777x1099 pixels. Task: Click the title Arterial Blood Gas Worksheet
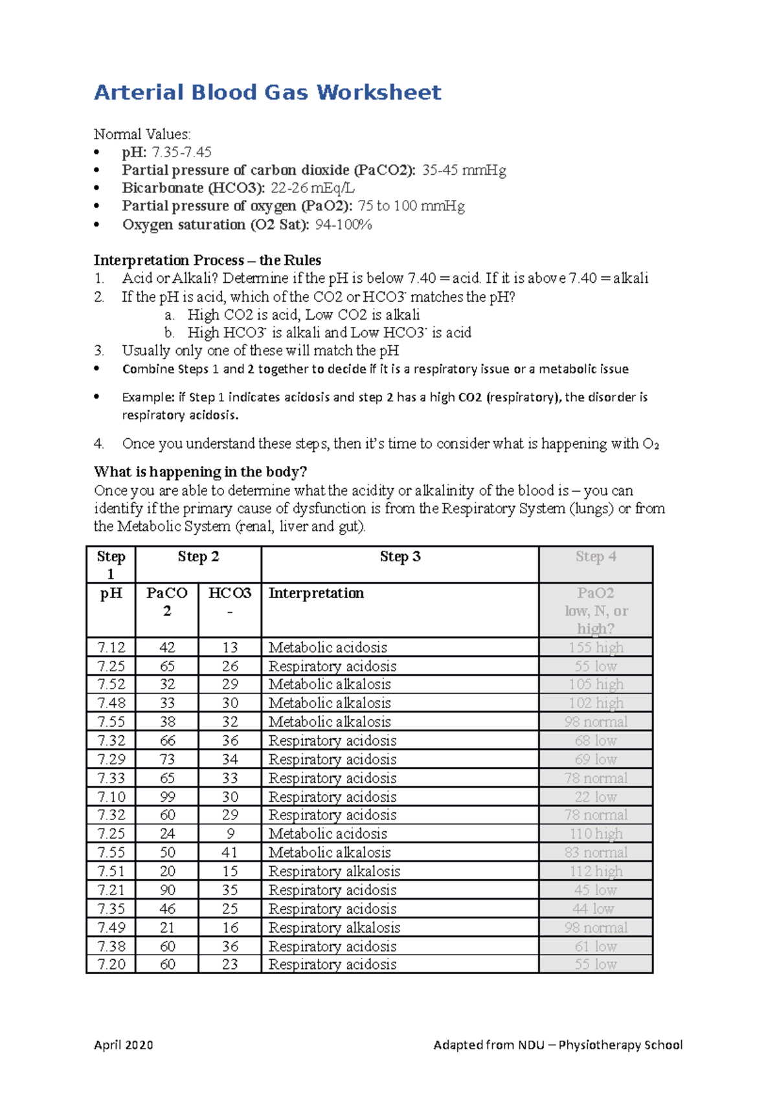(267, 93)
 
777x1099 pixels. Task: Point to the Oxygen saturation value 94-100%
(343, 225)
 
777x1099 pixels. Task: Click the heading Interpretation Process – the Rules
(207, 260)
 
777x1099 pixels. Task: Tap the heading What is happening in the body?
(200, 472)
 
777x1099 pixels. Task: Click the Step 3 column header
(400, 557)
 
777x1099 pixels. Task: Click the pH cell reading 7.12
(111, 647)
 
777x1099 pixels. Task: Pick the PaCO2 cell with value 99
(167, 797)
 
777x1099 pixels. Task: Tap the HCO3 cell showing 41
(230, 852)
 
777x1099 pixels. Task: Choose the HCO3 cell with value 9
(230, 834)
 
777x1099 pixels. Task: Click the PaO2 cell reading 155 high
(595, 647)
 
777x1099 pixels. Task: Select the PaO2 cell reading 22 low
(595, 797)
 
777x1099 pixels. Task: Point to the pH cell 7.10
(111, 797)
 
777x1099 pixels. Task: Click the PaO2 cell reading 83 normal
(595, 852)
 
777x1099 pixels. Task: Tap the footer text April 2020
(123, 1045)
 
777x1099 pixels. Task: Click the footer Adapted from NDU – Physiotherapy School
(557, 1045)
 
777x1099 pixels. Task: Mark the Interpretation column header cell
(400, 610)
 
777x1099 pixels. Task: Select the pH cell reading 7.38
(111, 946)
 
